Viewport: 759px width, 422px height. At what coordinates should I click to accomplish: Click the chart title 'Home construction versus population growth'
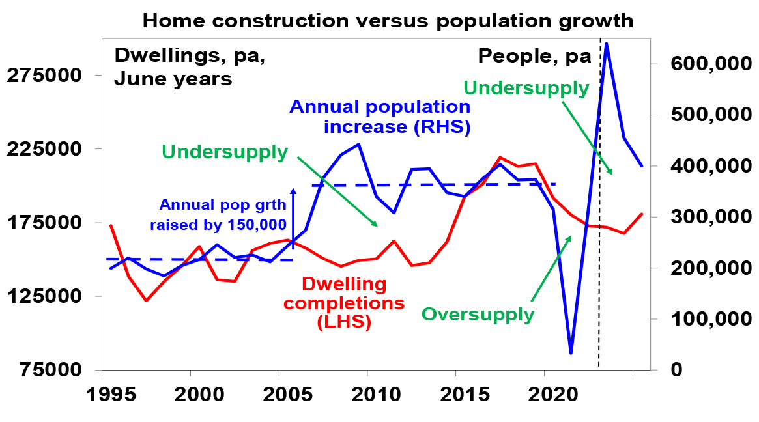(388, 20)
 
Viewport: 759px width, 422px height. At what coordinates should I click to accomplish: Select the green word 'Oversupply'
(478, 315)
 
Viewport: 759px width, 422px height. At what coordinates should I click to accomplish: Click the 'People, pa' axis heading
(534, 56)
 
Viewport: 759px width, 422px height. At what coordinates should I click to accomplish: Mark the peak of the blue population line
(606, 44)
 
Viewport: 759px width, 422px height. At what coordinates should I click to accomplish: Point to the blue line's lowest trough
(571, 353)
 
